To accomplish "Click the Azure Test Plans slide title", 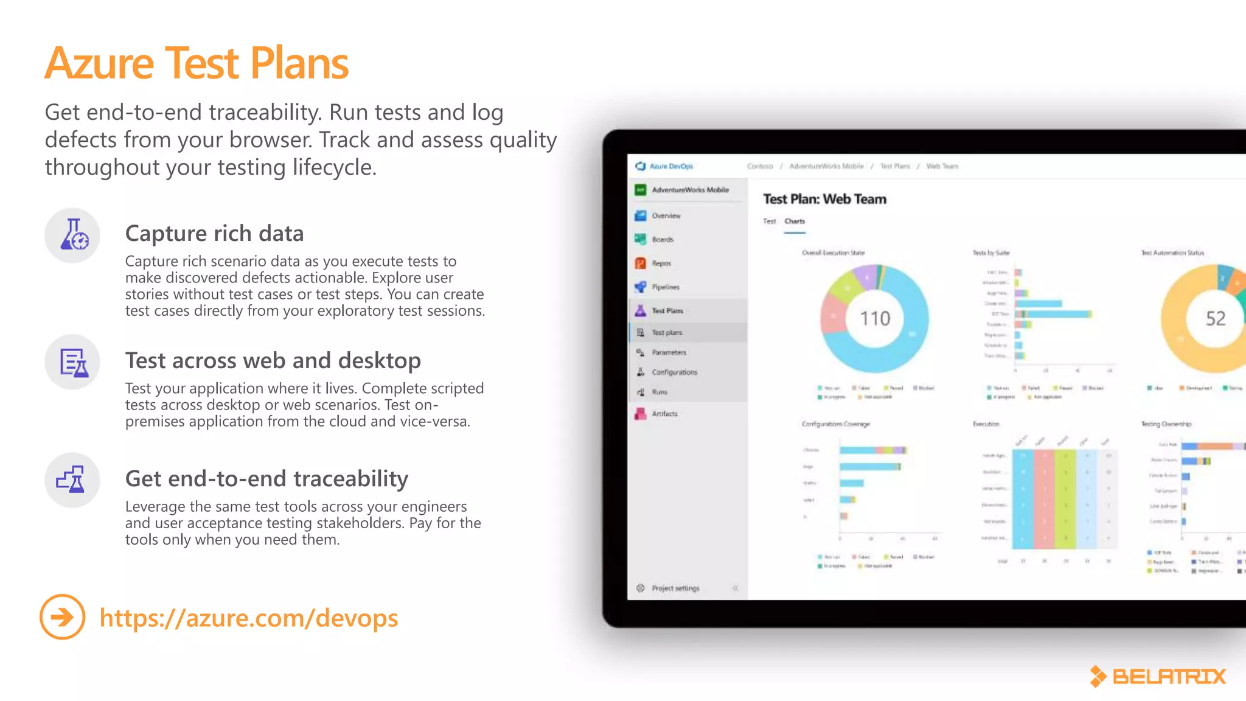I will pyautogui.click(x=197, y=63).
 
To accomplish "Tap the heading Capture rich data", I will pyautogui.click(x=214, y=234).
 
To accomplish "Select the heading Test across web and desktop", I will pyautogui.click(x=273, y=360).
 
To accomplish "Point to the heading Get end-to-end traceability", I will pyautogui.click(x=266, y=479).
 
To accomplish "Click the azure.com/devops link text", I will pyautogui.click(x=248, y=618).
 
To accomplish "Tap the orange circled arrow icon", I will pyautogui.click(x=62, y=617).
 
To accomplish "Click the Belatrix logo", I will pyautogui.click(x=1158, y=676).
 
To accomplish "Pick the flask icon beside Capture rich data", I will pyautogui.click(x=73, y=235).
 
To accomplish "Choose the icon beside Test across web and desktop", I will pyautogui.click(x=73, y=363).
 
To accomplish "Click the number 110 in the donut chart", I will pyautogui.click(x=875, y=318).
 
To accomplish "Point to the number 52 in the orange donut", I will pyautogui.click(x=1215, y=318).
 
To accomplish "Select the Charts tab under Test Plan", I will pyautogui.click(x=795, y=221).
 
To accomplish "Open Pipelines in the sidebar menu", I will pyautogui.click(x=665, y=287).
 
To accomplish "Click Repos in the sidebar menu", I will pyautogui.click(x=661, y=263).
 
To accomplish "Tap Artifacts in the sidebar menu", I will pyautogui.click(x=664, y=414).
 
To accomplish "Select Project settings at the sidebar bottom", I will pyautogui.click(x=675, y=588).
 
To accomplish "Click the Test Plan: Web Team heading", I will pyautogui.click(x=824, y=199).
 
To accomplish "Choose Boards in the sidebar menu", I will pyautogui.click(x=662, y=240).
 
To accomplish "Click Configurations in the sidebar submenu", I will pyautogui.click(x=674, y=372).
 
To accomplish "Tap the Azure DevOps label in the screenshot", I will pyautogui.click(x=670, y=166).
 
